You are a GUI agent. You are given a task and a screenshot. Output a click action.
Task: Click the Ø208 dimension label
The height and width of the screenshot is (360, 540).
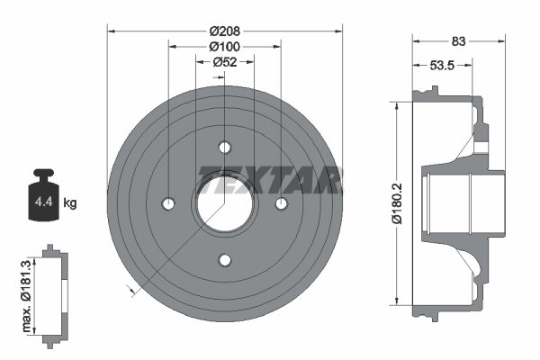[x=224, y=30]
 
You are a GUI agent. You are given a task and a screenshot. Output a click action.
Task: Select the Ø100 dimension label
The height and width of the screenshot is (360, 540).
[x=224, y=46]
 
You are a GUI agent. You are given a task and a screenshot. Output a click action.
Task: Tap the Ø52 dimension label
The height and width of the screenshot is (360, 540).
[x=224, y=62]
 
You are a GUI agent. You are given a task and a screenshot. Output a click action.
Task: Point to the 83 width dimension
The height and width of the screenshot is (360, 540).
[x=458, y=40]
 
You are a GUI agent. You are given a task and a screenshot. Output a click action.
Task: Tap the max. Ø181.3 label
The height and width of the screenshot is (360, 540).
[x=25, y=294]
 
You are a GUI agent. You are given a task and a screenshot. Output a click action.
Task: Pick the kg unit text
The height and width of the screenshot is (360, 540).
[x=71, y=203]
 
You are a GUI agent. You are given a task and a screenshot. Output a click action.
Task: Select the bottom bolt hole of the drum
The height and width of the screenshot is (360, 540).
[x=224, y=260]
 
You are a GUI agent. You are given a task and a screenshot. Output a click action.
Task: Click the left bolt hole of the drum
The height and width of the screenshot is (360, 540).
[x=168, y=204]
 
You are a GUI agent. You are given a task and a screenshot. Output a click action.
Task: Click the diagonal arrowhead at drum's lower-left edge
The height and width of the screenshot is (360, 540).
[x=132, y=290]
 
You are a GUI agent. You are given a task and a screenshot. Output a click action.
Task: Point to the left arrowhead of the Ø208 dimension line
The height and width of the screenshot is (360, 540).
[x=111, y=30]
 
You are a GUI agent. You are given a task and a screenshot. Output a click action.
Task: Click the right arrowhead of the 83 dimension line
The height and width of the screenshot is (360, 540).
[x=498, y=40]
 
